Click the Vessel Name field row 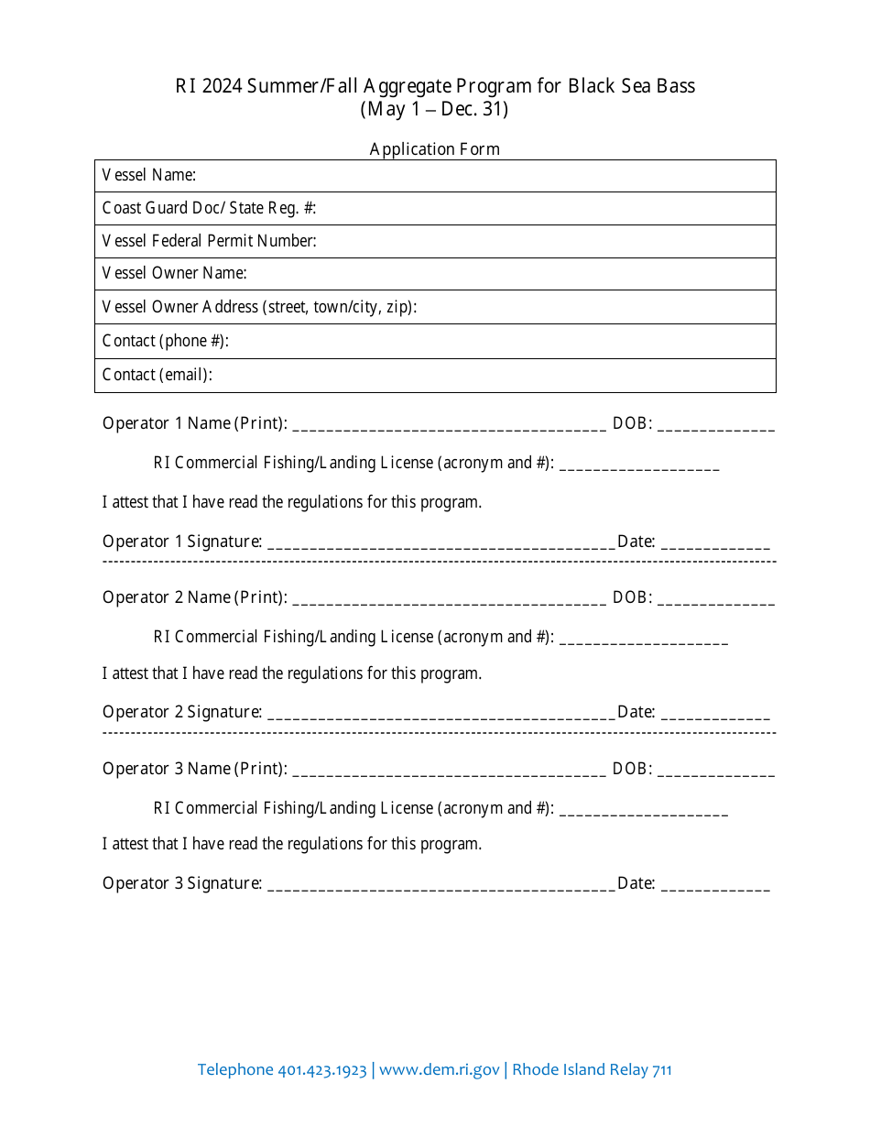coord(435,176)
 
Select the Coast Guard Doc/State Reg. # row coord(435,209)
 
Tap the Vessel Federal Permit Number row coord(435,242)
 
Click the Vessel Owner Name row coord(435,274)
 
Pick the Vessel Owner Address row coord(435,307)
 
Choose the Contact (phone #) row coord(435,341)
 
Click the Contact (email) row coord(435,375)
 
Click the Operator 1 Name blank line coord(449,425)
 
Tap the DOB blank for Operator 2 coord(715,599)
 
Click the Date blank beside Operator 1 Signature coord(715,543)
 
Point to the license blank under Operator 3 coord(643,810)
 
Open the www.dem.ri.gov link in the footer coord(440,1070)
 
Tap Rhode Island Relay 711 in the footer coord(592,1070)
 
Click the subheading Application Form coord(435,149)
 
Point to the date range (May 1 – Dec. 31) coord(435,109)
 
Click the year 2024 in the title coord(223,87)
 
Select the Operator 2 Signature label coord(181,712)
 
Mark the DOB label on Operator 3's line coord(632,769)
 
